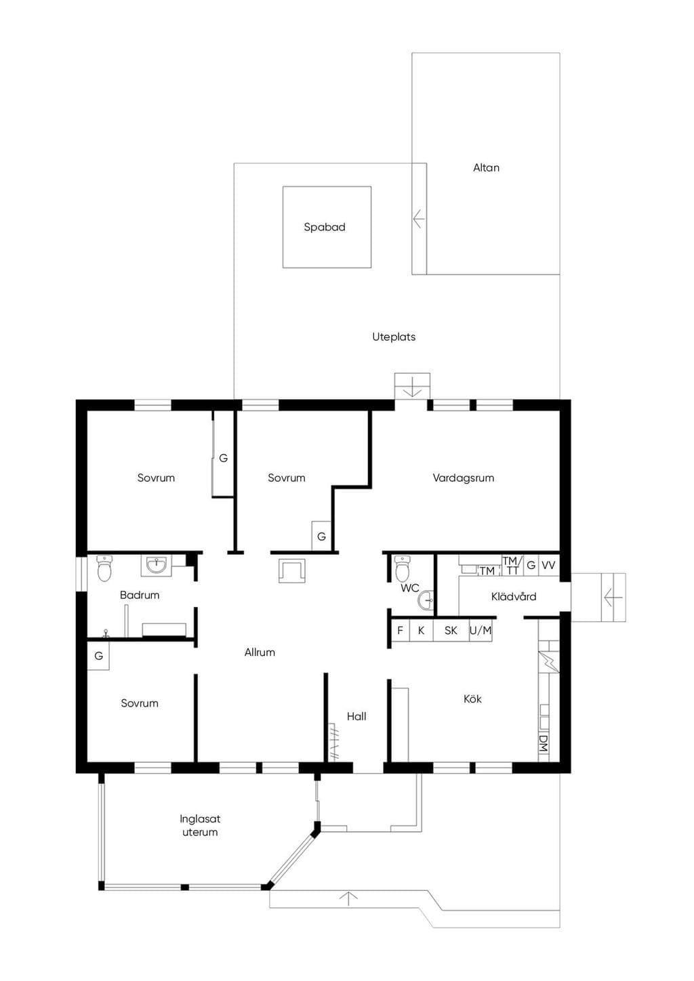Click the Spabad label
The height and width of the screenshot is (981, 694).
[324, 227]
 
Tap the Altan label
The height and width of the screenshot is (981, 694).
[486, 168]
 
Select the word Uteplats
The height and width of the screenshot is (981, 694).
[394, 337]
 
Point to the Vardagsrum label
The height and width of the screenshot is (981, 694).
[463, 478]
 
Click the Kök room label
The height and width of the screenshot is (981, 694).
[472, 698]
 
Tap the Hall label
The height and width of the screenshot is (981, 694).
[356, 717]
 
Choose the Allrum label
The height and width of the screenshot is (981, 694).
[260, 652]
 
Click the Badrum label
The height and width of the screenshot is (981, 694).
[140, 595]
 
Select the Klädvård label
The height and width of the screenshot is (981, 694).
[514, 596]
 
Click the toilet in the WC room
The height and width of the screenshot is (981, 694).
[402, 568]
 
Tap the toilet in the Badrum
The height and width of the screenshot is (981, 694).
[104, 568]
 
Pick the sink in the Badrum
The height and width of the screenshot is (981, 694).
[156, 566]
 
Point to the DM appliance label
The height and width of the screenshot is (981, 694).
[544, 743]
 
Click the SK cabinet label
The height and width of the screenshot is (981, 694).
[451, 631]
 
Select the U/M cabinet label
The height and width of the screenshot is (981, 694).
[481, 631]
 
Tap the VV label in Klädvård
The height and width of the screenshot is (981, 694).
[548, 566]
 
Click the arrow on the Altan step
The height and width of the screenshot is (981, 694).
[418, 219]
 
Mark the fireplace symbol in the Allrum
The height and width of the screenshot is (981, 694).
[292, 570]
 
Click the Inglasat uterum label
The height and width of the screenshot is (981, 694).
[200, 826]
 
